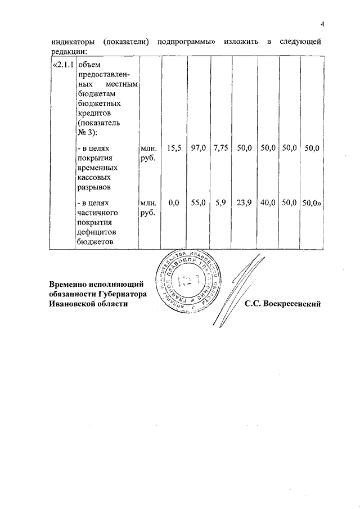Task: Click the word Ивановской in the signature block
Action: [x=71, y=304]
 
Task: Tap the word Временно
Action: [x=70, y=284]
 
